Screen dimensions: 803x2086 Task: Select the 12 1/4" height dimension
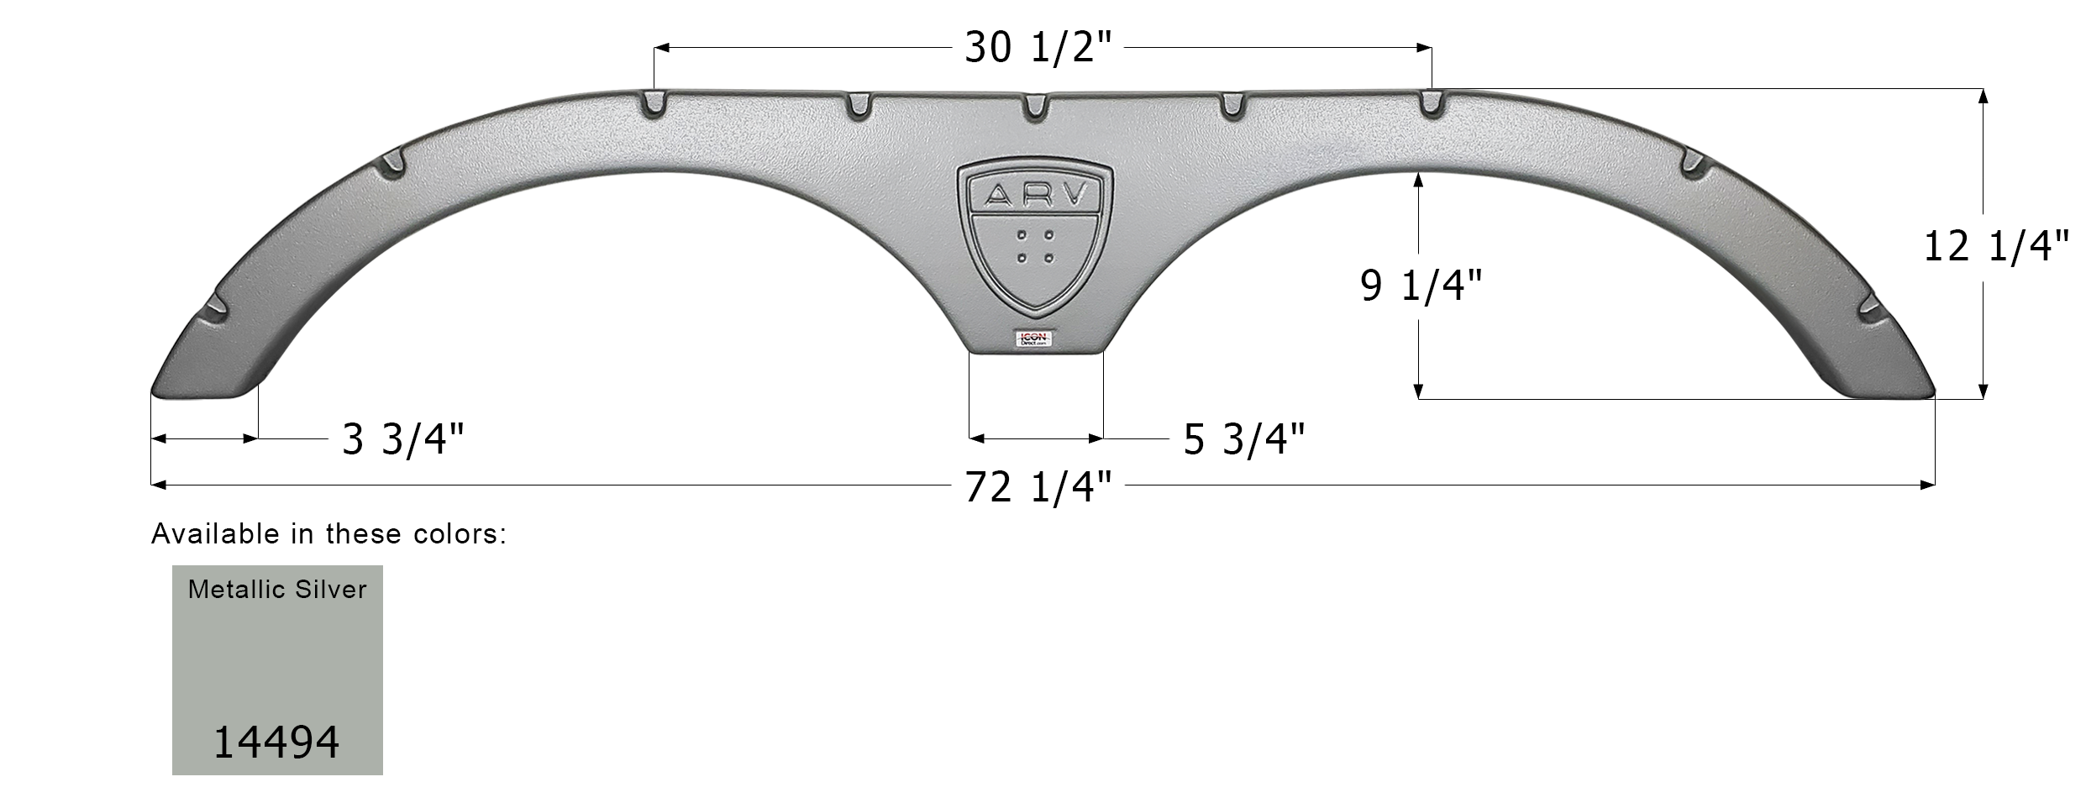(x=1995, y=248)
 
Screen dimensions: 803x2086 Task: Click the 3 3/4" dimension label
(x=402, y=439)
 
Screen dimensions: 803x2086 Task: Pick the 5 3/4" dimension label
(x=1244, y=439)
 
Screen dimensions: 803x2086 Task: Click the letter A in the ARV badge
(x=998, y=196)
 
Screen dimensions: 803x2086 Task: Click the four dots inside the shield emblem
(x=1035, y=246)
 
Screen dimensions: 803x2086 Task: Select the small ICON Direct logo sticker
(x=1034, y=338)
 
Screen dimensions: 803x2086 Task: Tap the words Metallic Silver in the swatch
(x=277, y=590)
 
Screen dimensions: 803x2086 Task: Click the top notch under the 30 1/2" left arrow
(x=654, y=106)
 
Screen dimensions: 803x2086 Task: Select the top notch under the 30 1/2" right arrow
(x=1431, y=106)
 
